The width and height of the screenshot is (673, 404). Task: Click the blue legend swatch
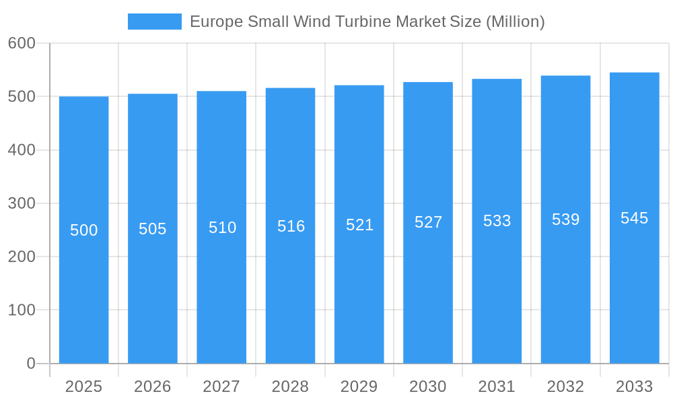click(154, 22)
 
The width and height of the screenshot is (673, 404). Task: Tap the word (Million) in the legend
click(515, 22)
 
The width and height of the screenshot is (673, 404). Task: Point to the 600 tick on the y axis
click(22, 43)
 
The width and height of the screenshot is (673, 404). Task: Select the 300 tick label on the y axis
click(22, 203)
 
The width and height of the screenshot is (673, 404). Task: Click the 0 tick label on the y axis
click(31, 364)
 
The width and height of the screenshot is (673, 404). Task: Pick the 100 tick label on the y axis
click(22, 310)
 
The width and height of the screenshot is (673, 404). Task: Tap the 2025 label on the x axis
click(83, 386)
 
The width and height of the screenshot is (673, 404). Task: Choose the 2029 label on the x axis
click(359, 386)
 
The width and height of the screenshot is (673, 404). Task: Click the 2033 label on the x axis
click(634, 386)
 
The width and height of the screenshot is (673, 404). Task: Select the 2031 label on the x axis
click(497, 386)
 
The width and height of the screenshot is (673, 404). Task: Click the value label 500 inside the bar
click(84, 230)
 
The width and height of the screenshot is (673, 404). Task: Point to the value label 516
click(291, 226)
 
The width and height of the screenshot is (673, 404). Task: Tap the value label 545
click(634, 218)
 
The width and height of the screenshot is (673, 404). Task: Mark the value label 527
click(428, 222)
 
